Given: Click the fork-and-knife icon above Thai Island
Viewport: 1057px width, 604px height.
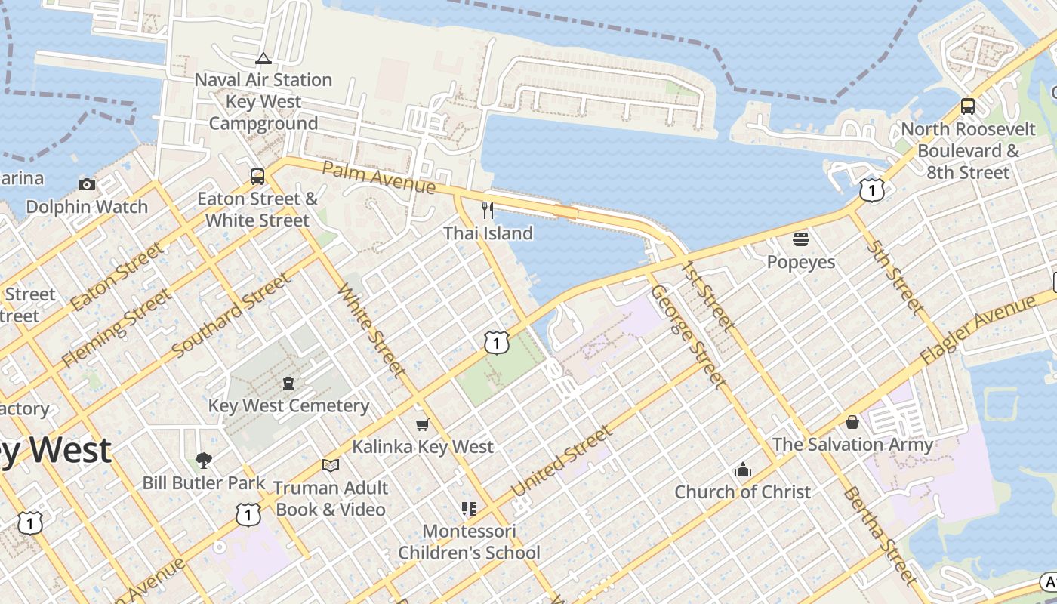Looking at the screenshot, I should click(488, 211).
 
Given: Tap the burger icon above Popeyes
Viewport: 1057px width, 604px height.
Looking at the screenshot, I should click(801, 239).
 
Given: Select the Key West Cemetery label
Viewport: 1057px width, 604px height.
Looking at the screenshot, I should click(288, 405).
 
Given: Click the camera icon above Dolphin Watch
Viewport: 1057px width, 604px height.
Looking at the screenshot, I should click(87, 184).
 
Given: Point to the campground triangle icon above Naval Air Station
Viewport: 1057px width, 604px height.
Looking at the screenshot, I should click(263, 58).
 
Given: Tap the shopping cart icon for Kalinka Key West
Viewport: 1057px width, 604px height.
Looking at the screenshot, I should click(423, 424).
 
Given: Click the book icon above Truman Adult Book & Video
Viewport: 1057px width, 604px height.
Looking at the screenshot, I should click(330, 465).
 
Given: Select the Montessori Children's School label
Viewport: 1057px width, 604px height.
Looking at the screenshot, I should click(469, 542).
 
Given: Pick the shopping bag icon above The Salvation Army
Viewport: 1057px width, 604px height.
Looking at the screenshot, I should click(852, 422).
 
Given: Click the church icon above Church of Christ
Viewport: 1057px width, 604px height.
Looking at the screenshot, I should click(743, 470).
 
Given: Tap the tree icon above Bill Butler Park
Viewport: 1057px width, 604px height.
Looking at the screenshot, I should click(203, 460).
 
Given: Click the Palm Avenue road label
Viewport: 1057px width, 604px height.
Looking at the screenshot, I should click(378, 177).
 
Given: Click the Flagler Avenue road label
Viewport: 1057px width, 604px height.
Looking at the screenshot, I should click(977, 331).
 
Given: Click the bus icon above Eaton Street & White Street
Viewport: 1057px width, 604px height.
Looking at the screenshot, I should click(257, 177).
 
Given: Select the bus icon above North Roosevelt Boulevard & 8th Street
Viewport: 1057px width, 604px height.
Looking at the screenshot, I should click(967, 106).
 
